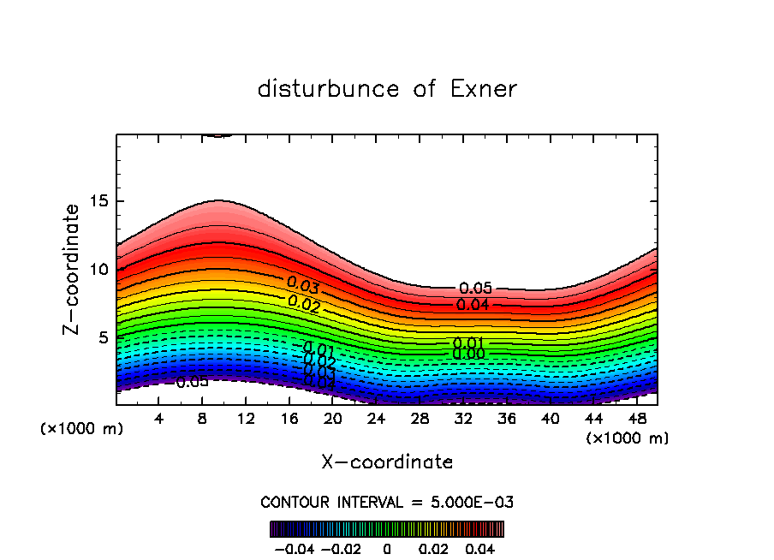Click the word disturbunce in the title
click(x=329, y=89)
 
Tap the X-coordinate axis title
click(x=387, y=462)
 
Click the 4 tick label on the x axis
click(x=159, y=419)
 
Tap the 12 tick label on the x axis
click(x=246, y=419)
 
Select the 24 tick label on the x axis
click(x=376, y=419)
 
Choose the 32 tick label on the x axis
click(x=462, y=419)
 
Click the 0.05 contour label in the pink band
click(x=476, y=289)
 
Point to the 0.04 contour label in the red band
click(x=473, y=304)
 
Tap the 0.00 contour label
click(x=469, y=354)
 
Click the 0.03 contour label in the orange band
click(x=303, y=284)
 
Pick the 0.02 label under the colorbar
click(x=433, y=547)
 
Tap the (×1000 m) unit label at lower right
click(x=628, y=438)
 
